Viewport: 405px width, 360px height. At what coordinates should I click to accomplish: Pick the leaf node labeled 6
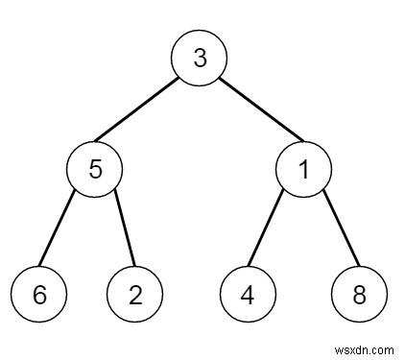tap(39, 294)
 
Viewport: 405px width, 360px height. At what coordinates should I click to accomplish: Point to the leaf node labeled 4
tap(247, 294)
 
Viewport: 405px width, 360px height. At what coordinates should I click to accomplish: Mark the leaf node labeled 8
tap(360, 294)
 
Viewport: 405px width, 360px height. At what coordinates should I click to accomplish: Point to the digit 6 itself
tap(39, 294)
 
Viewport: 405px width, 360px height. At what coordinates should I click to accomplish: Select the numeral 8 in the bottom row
tap(360, 294)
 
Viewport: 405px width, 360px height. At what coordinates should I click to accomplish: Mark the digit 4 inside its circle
tap(247, 294)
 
